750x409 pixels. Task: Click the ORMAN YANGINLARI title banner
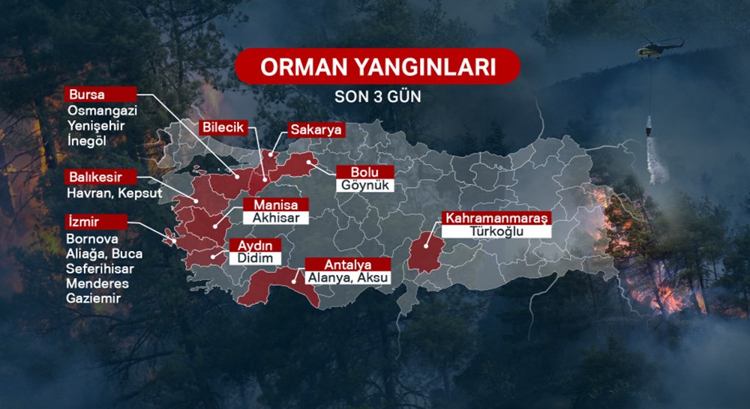[x=377, y=66]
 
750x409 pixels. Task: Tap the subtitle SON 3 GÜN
[x=377, y=97]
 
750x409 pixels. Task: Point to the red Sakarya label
[x=316, y=130]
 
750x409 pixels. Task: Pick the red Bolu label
[x=364, y=172]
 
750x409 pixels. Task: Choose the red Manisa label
[x=274, y=205]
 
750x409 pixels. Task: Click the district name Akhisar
[x=274, y=219]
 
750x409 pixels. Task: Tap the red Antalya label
[x=347, y=264]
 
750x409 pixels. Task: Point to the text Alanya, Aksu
[x=347, y=278]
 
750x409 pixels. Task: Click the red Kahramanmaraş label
[x=496, y=218]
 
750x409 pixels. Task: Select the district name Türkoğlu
[x=496, y=231]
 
